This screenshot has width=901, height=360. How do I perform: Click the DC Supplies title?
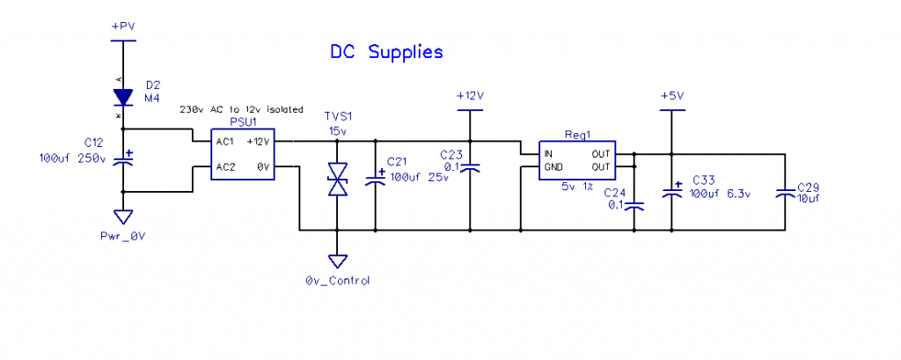pyautogui.click(x=386, y=53)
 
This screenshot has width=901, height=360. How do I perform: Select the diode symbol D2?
pyautogui.click(x=123, y=96)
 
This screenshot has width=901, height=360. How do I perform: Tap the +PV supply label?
pyautogui.click(x=123, y=27)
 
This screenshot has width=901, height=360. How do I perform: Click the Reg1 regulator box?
pyautogui.click(x=577, y=159)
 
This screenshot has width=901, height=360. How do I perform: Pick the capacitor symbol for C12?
pyautogui.click(x=123, y=160)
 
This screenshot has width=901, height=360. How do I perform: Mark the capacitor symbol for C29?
pyautogui.click(x=783, y=193)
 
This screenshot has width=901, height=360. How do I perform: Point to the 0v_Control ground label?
pyautogui.click(x=337, y=281)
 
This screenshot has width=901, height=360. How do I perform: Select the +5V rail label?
pyautogui.click(x=672, y=95)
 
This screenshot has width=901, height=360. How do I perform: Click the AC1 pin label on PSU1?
pyautogui.click(x=225, y=142)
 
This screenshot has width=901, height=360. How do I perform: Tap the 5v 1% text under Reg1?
pyautogui.click(x=577, y=187)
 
